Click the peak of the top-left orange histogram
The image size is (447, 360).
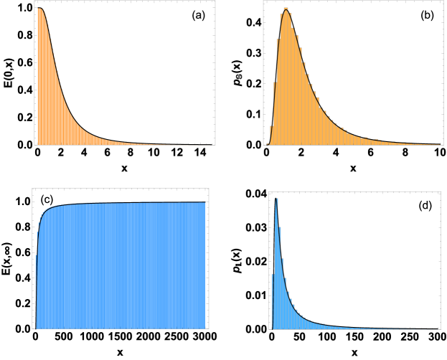[41, 9]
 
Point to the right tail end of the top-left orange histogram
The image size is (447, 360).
[210, 145]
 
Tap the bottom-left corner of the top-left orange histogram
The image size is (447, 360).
[38, 145]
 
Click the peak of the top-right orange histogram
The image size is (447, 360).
[286, 10]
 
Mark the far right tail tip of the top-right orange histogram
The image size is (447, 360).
[438, 144]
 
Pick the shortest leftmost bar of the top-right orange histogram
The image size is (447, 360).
[270, 136]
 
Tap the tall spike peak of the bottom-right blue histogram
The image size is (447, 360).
[276, 199]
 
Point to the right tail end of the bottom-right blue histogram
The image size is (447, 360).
[436, 329]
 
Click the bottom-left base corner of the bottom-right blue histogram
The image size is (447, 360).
[272, 329]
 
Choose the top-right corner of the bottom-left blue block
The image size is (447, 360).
[205, 202]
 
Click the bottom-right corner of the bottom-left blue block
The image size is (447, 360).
[205, 329]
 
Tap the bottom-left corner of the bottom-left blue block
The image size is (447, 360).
[37, 329]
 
